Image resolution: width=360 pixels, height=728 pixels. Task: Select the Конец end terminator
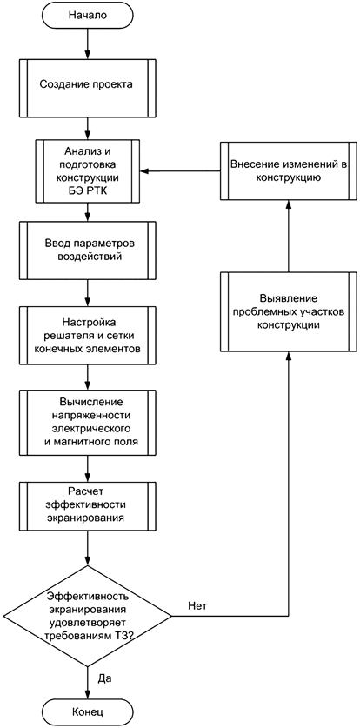tap(86, 711)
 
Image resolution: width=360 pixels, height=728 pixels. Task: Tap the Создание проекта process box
tap(86, 85)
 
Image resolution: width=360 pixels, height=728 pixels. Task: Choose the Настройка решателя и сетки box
tap(86, 331)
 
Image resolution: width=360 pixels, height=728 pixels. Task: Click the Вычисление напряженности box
tap(86, 423)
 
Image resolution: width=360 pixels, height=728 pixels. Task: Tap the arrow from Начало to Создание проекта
tap(86, 44)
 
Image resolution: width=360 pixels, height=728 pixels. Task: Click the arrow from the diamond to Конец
tap(86, 678)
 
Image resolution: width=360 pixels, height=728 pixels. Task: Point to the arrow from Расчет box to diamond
tap(86, 552)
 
